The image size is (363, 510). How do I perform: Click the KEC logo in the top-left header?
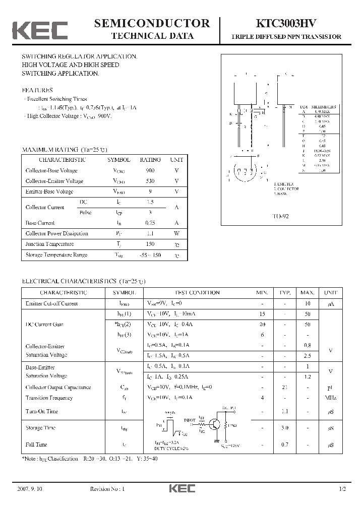(40, 30)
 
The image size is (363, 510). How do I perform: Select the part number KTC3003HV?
(286, 23)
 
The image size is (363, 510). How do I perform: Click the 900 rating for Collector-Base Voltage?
(150, 170)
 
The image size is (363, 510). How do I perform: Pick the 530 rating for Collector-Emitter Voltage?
(150, 181)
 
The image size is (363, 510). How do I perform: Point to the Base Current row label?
(40, 223)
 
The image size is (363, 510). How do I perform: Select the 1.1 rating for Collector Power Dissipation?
(150, 233)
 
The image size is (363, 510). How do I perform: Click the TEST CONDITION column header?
(197, 292)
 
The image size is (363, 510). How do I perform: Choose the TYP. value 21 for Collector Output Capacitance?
(285, 388)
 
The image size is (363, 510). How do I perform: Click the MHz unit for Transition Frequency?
(331, 398)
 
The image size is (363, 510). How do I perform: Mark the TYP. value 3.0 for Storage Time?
(285, 428)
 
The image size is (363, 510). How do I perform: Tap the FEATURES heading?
(37, 90)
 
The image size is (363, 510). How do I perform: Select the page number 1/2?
(342, 489)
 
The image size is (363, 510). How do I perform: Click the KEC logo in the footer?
(181, 489)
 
